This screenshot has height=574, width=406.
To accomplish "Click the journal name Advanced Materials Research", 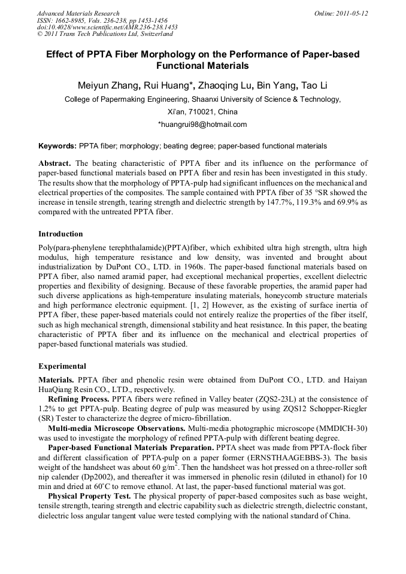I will pyautogui.click(x=78, y=13).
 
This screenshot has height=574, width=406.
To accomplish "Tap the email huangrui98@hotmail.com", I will pyautogui.click(x=202, y=124).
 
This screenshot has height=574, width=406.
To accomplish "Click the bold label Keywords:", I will pyautogui.click(x=57, y=146).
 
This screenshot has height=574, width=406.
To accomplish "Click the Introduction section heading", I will pyautogui.click(x=60, y=234).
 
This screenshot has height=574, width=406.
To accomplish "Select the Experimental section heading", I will pyautogui.click(x=62, y=366).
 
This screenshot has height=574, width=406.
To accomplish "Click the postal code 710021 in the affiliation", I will pyautogui.click(x=195, y=112).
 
